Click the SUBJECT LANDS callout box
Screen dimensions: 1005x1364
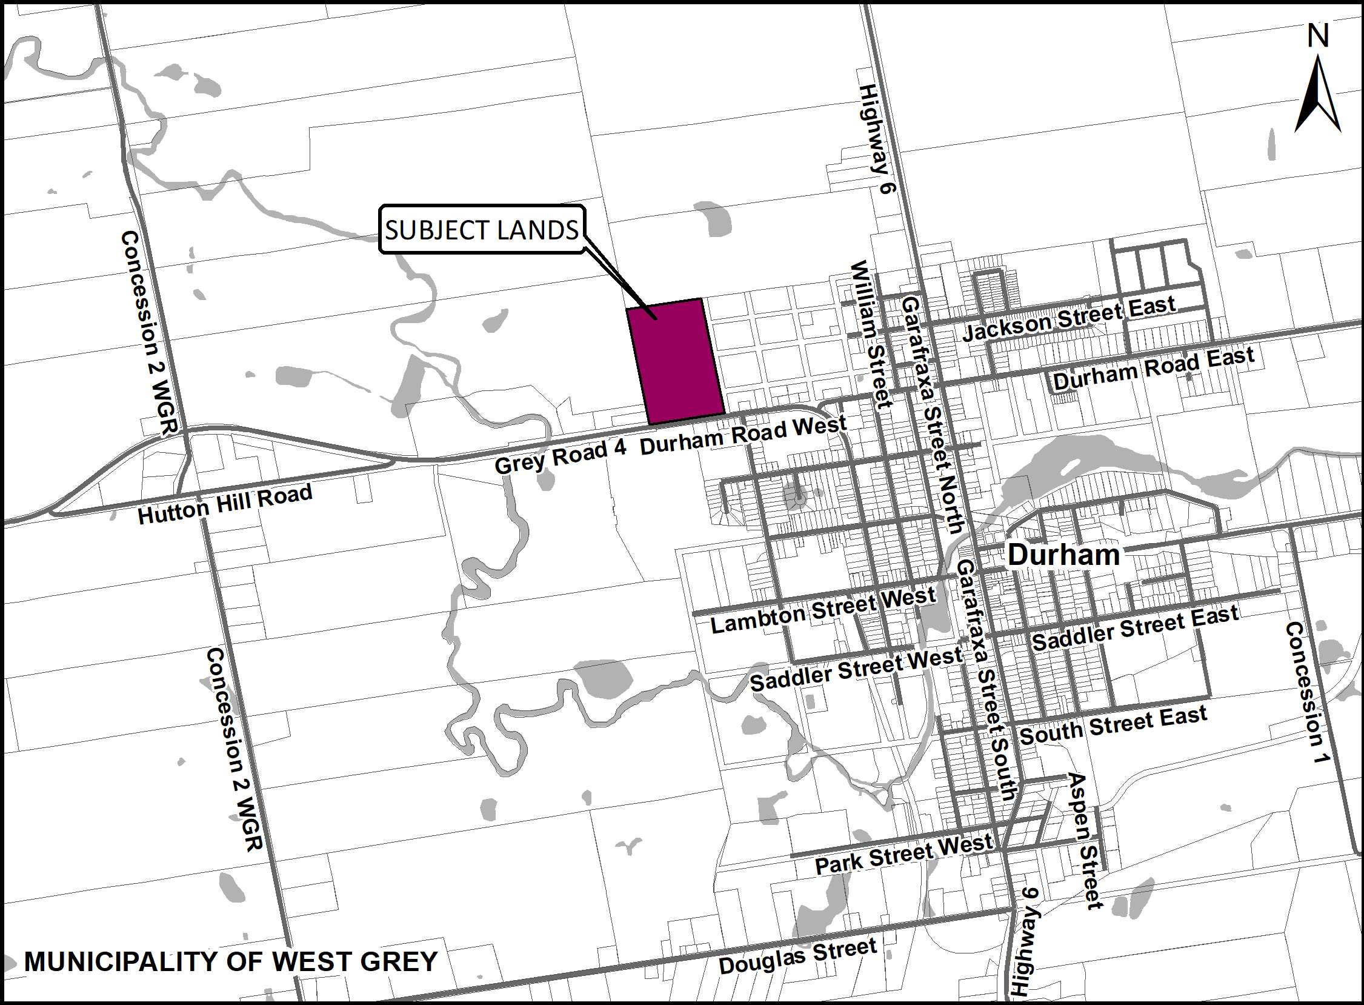(482, 229)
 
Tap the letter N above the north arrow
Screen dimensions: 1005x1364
(1318, 37)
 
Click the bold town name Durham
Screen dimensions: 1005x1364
(1063, 555)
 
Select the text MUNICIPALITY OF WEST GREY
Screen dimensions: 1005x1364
(230, 961)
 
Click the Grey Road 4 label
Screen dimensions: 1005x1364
(560, 456)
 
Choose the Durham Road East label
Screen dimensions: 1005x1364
(1154, 369)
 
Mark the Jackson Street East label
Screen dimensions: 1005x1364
(1068, 320)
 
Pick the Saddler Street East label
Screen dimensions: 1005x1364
(1135, 628)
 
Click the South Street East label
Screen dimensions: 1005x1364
(1113, 726)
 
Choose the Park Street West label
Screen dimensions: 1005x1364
(903, 854)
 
